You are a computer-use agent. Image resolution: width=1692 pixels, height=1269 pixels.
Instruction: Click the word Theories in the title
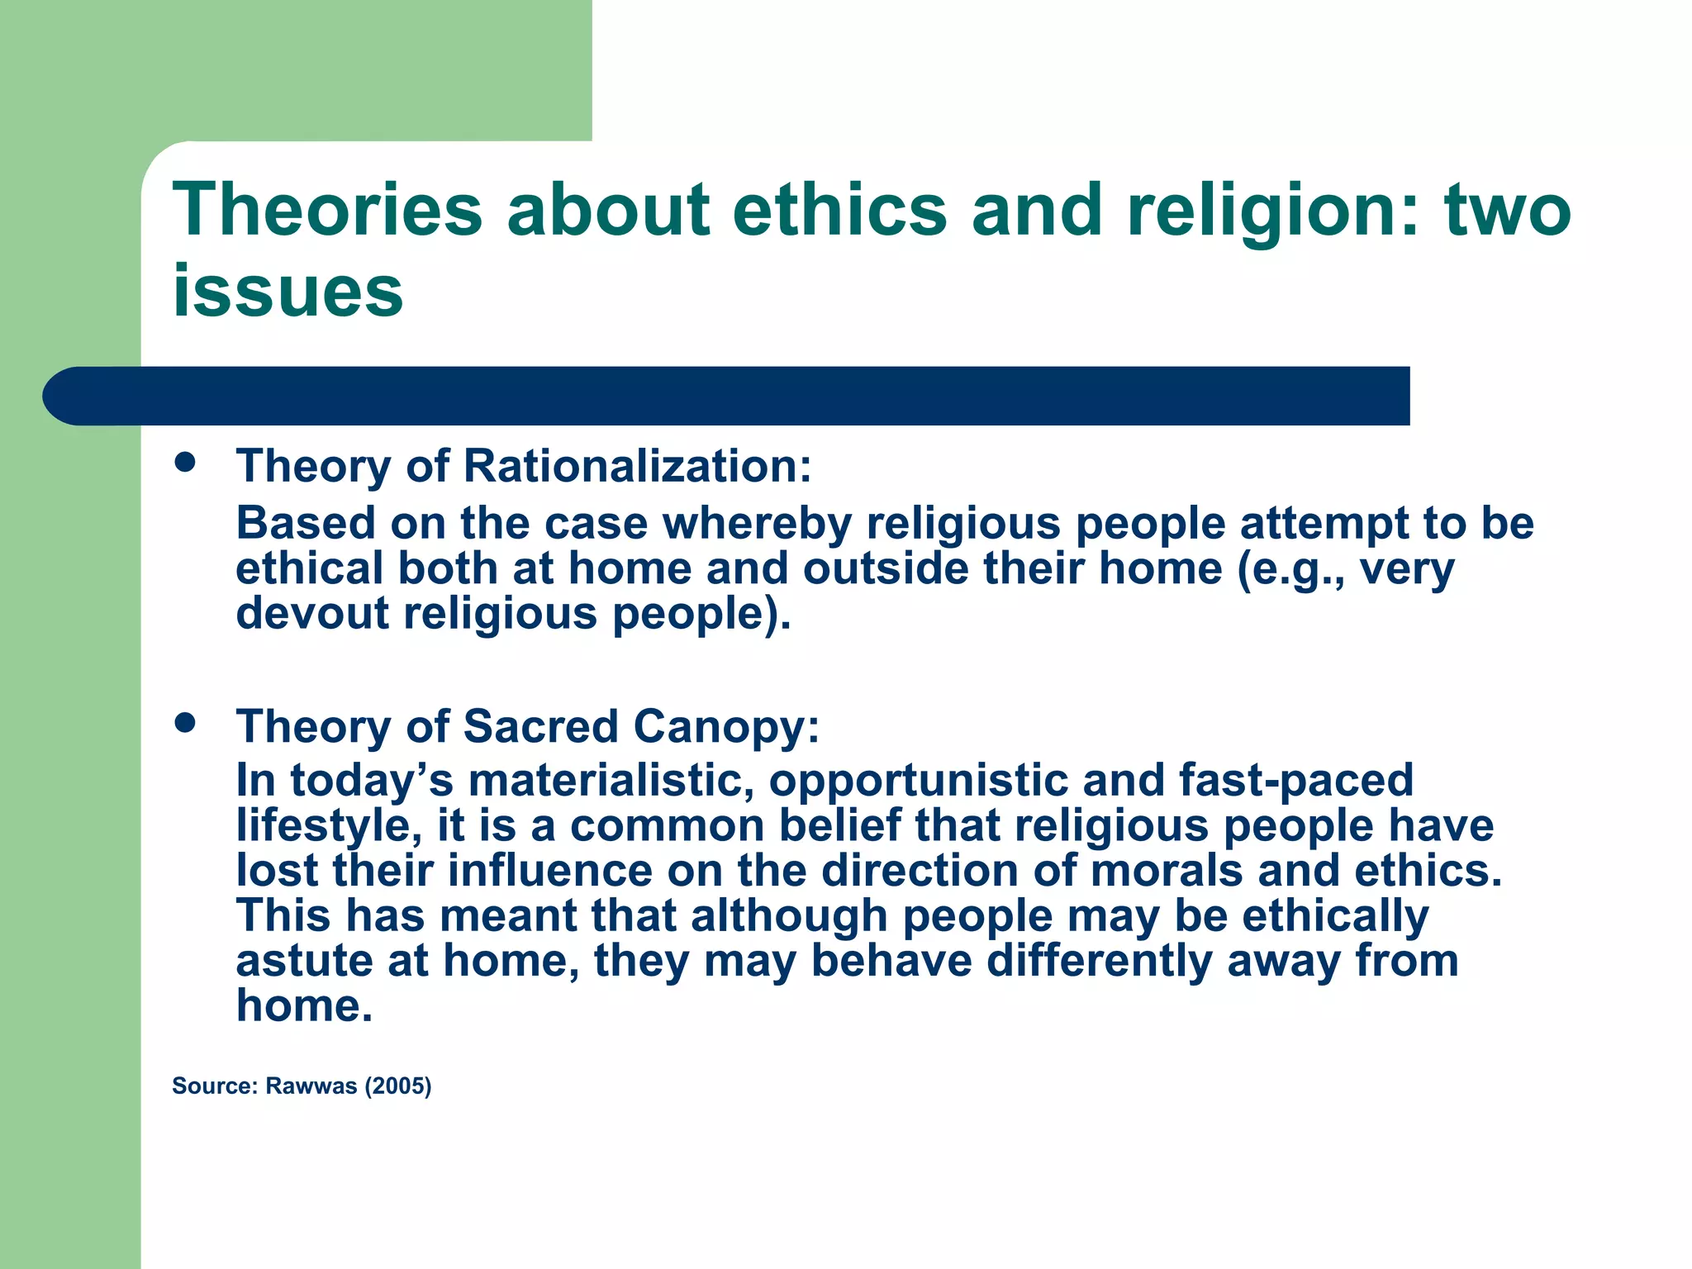[x=327, y=210]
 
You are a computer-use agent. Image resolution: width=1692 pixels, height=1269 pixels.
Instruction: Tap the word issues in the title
[x=288, y=291]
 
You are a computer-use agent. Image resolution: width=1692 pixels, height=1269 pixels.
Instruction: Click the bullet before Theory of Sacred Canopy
[x=185, y=723]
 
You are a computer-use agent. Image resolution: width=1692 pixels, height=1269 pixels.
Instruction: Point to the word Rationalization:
[x=638, y=466]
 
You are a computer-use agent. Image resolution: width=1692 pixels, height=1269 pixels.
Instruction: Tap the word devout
[x=312, y=614]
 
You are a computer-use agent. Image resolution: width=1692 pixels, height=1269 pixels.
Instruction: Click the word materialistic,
[x=611, y=781]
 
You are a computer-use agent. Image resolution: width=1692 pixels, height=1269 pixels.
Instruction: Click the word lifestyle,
[x=329, y=826]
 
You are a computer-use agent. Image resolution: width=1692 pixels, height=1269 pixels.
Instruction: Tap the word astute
[x=304, y=961]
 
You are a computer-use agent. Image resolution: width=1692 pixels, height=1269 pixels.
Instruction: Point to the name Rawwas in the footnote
[x=311, y=1086]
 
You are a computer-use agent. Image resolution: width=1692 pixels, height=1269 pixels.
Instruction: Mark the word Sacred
[x=540, y=727]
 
